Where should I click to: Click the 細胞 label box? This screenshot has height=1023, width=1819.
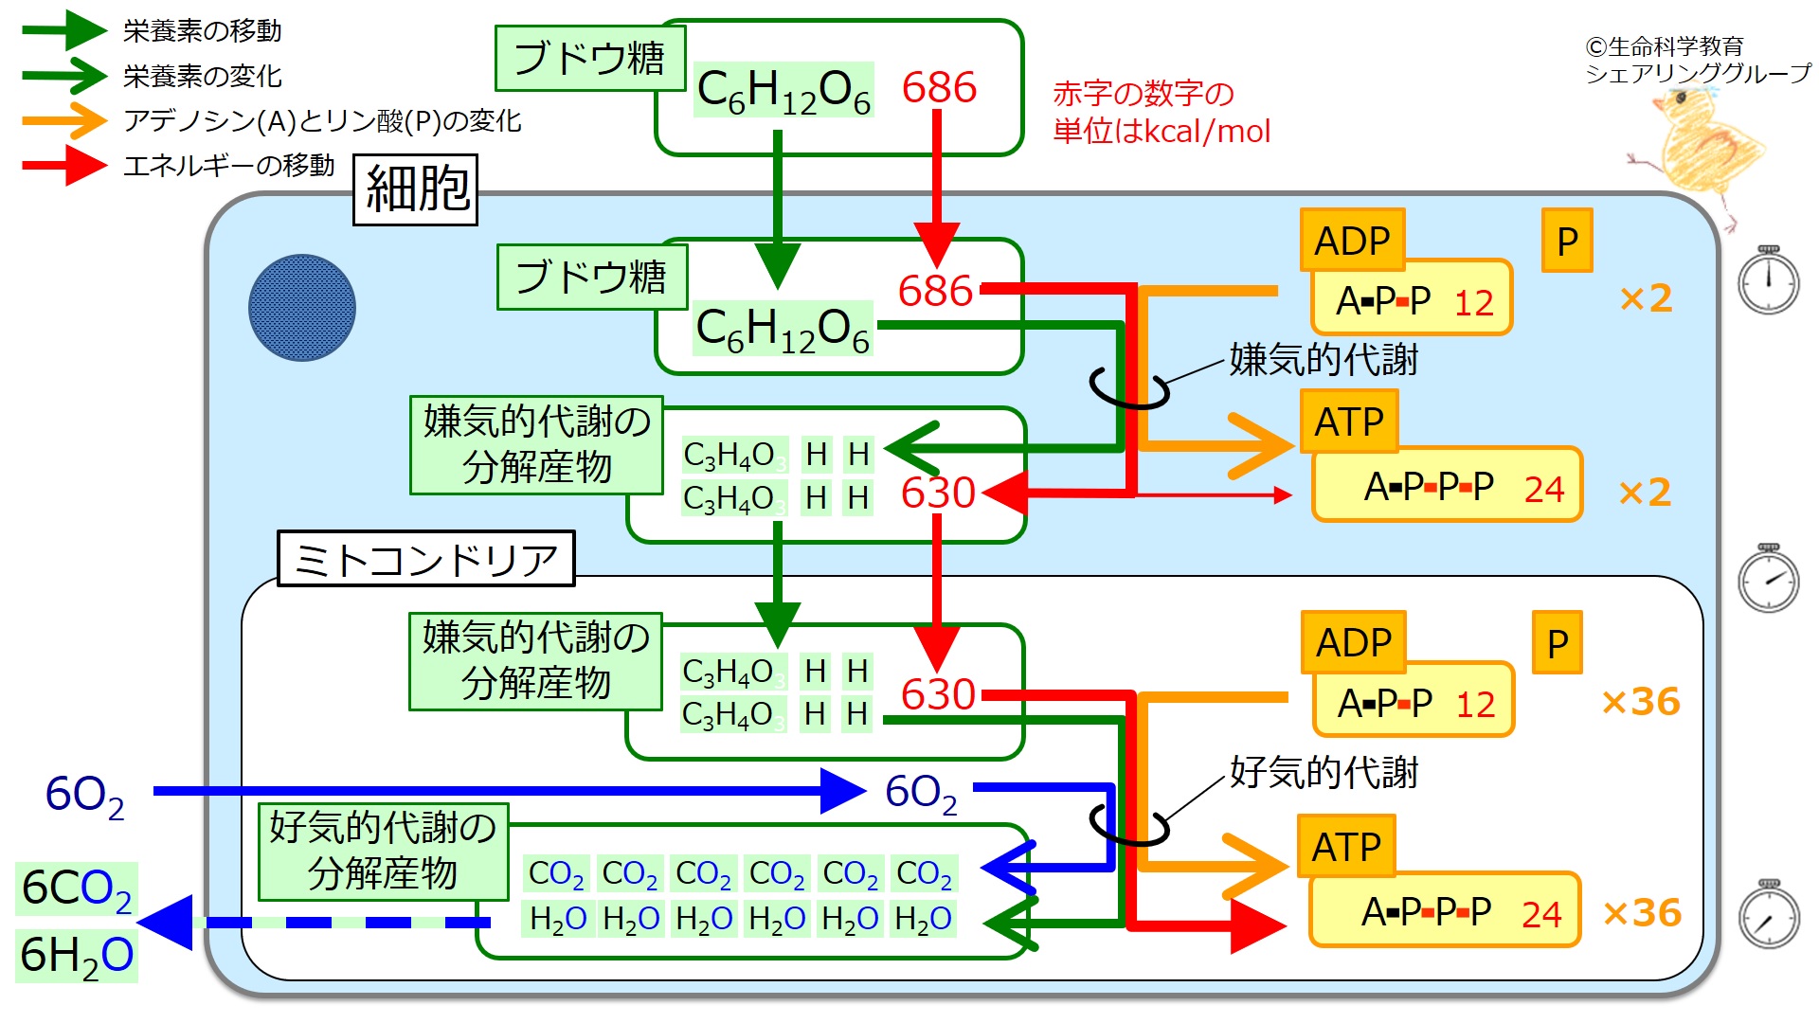[415, 189]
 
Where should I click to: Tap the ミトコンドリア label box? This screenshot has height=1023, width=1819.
[426, 559]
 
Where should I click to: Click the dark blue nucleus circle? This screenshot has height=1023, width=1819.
[302, 308]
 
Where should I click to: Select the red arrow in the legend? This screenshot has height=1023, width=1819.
[64, 166]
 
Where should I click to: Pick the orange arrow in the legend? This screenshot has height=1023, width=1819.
[64, 120]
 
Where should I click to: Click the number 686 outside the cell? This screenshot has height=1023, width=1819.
[939, 87]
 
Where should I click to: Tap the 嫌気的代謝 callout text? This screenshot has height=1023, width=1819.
[1324, 360]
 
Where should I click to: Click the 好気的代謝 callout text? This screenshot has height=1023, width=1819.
[1324, 773]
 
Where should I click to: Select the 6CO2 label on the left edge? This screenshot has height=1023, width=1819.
[77, 889]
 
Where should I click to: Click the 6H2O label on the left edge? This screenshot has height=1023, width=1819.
[77, 955]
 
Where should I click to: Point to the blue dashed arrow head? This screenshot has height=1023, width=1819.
[167, 923]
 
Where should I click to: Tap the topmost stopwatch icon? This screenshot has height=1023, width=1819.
[1769, 280]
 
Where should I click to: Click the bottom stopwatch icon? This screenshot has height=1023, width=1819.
[1769, 915]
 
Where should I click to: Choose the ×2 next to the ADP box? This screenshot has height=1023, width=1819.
[1646, 298]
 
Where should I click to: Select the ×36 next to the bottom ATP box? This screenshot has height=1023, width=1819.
[1642, 912]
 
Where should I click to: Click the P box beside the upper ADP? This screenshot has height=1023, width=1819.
[1567, 241]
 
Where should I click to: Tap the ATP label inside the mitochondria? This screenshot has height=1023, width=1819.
[1346, 846]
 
